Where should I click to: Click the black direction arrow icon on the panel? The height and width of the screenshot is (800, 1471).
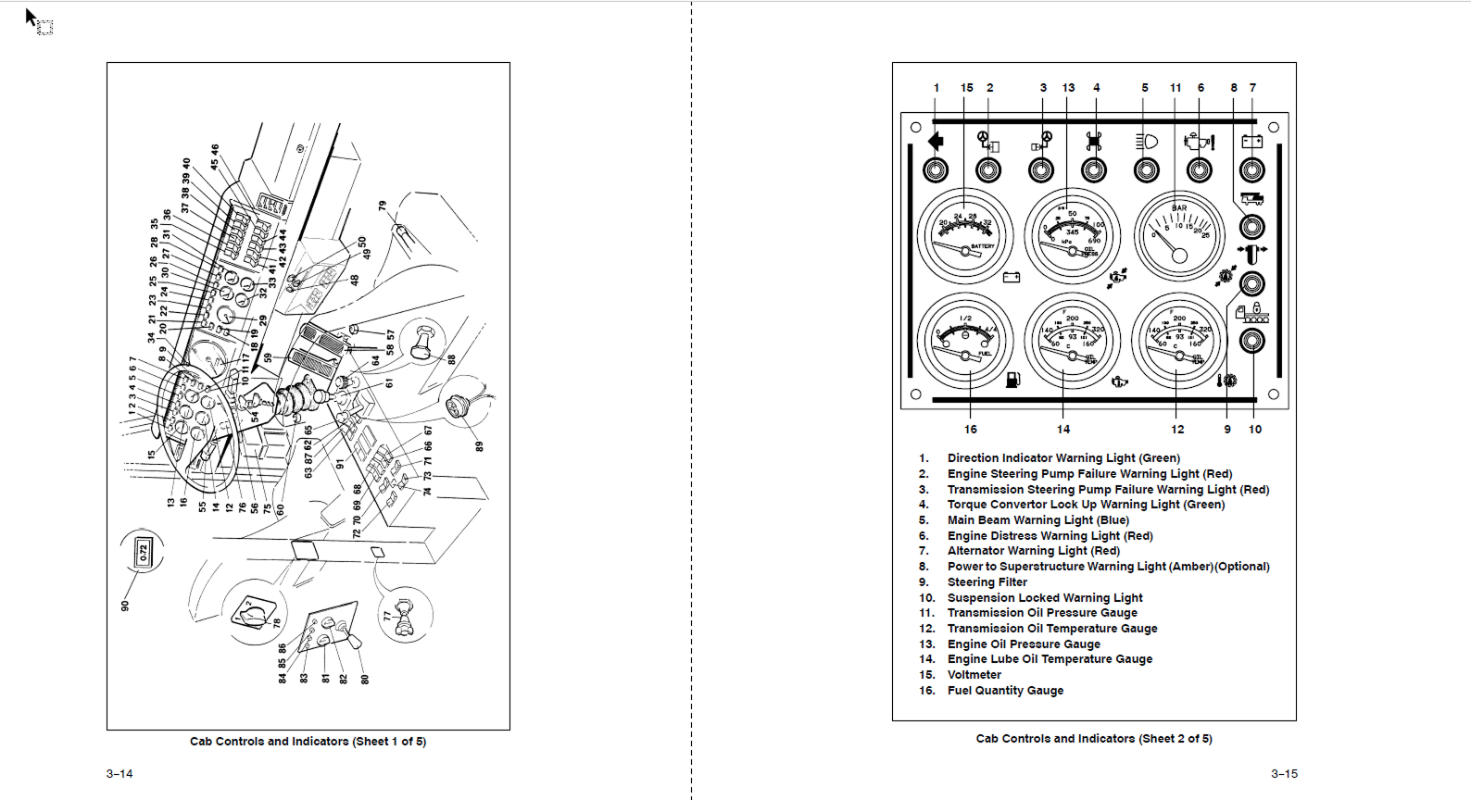pos(936,141)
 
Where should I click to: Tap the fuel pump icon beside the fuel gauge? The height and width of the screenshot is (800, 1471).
pos(1012,379)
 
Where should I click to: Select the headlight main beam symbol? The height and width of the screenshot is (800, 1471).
pos(1147,142)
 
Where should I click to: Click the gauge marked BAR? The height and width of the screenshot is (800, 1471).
pos(1179,235)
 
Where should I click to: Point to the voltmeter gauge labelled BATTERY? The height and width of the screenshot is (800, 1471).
pos(965,235)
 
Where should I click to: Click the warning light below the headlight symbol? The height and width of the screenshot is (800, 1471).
pos(1147,170)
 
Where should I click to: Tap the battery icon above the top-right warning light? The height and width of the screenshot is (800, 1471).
pos(1252,142)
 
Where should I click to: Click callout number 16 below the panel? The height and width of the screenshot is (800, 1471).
pos(970,430)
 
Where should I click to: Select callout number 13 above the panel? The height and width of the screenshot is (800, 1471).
pos(1068,88)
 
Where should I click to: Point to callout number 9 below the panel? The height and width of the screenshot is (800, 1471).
pos(1227,430)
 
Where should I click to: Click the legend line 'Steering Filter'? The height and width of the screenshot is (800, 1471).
pos(987,582)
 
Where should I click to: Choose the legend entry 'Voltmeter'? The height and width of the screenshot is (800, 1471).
pos(974,675)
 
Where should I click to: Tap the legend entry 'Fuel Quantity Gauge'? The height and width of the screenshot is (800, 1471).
pos(1005,691)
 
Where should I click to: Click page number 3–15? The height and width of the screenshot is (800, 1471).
pos(1284,774)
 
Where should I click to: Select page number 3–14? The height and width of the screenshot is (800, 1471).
pos(119,774)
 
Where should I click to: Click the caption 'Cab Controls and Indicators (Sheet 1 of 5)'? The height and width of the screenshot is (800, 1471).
pos(308,742)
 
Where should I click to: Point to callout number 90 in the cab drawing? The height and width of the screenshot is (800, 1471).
pos(125,606)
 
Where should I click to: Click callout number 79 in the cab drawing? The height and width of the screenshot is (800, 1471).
pos(382,206)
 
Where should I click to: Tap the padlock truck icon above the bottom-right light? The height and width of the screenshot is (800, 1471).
pos(1252,312)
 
